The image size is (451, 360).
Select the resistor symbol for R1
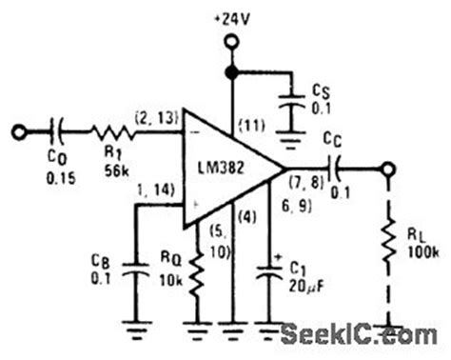[114, 129]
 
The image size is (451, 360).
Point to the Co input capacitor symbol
[59, 129]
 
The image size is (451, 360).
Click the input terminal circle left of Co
[15, 129]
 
